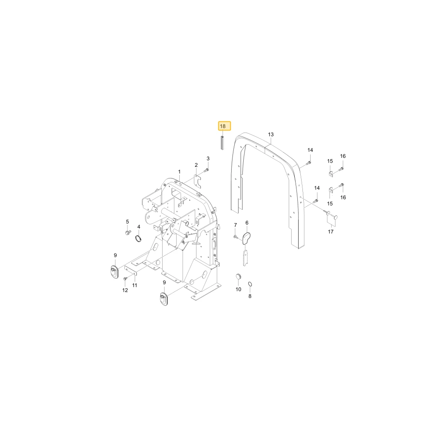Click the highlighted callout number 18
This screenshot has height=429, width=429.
pyautogui.click(x=223, y=126)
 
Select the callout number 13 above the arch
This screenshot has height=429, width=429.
pyautogui.click(x=271, y=134)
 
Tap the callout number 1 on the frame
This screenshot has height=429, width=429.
pyautogui.click(x=179, y=172)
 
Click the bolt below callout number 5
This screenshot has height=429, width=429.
pyautogui.click(x=128, y=233)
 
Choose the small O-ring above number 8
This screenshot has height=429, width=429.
pyautogui.click(x=250, y=284)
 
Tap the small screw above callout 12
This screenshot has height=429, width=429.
pyautogui.click(x=125, y=278)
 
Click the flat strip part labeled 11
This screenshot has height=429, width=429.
pyautogui.click(x=131, y=271)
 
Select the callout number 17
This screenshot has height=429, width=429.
pyautogui.click(x=330, y=232)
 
